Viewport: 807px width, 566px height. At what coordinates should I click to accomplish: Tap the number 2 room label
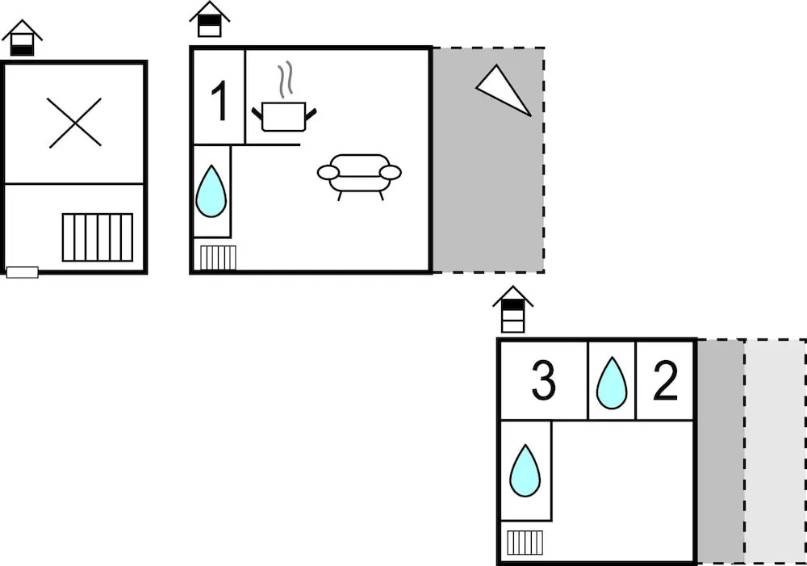[x=665, y=381]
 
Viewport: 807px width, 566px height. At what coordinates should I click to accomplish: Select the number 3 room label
[x=543, y=381]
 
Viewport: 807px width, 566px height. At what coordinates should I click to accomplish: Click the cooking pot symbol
[x=284, y=116]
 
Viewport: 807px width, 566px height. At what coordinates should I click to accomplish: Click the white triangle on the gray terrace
[x=504, y=89]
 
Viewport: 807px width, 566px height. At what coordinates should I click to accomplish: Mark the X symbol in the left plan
[x=75, y=123]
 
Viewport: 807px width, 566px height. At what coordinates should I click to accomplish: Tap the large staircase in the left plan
[x=98, y=237]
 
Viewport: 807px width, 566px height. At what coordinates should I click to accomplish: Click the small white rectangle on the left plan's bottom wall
[x=23, y=272]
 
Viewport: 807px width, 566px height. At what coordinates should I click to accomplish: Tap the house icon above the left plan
[x=23, y=38]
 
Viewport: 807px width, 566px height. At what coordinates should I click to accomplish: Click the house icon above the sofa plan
[x=210, y=19]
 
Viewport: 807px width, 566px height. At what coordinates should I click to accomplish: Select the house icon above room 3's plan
[x=513, y=309]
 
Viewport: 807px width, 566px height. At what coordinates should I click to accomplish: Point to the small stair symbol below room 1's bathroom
[x=218, y=258]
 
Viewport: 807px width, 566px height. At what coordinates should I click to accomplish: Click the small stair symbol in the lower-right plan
[x=525, y=542]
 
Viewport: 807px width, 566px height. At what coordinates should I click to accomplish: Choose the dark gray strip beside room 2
[x=721, y=451]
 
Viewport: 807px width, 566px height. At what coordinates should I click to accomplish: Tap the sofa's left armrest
[x=328, y=172]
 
